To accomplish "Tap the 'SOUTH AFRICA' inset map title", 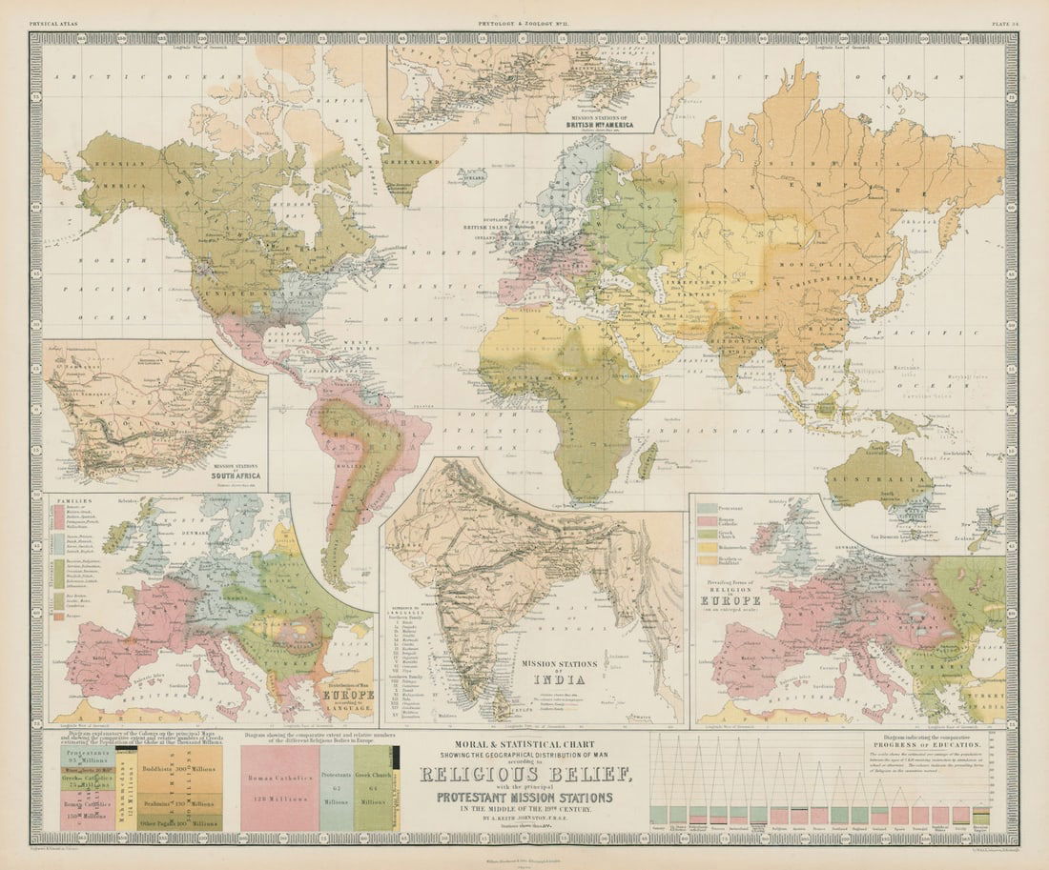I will coord(237,471).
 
